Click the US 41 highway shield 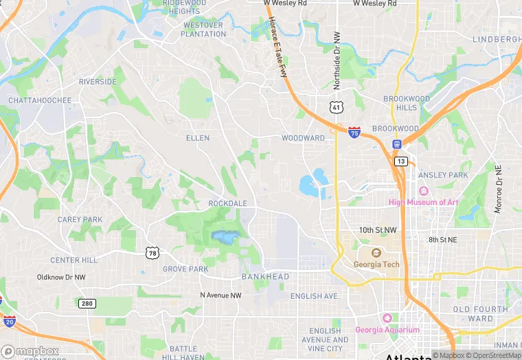(336, 107)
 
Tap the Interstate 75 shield (354, 133)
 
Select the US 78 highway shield (152, 253)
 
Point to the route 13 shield (401, 161)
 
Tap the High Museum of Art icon (423, 191)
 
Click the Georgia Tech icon (376, 253)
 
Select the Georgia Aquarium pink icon (387, 318)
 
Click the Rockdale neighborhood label (227, 204)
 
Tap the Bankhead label (265, 276)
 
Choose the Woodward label (303, 138)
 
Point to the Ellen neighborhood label (198, 138)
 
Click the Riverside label (98, 82)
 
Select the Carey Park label (80, 220)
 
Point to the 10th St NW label (378, 229)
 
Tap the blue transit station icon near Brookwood (396, 144)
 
